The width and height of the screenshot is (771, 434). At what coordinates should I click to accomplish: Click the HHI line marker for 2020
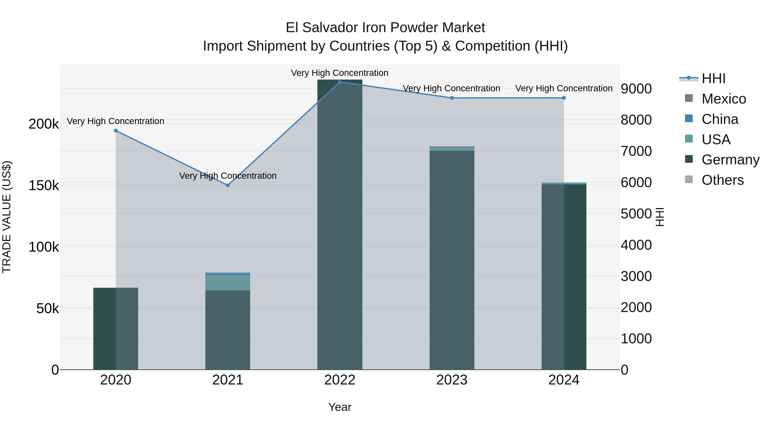click(x=116, y=131)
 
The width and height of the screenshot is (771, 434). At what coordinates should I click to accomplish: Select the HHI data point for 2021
click(x=228, y=185)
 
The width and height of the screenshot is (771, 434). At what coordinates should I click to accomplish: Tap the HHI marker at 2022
click(x=340, y=82)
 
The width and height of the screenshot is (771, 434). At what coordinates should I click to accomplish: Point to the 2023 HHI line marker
click(x=452, y=98)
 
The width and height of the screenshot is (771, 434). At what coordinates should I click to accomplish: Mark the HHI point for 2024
click(x=564, y=98)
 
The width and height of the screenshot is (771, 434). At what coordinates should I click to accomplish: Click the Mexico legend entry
click(x=724, y=99)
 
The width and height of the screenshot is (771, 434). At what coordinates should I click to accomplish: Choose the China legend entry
click(x=720, y=119)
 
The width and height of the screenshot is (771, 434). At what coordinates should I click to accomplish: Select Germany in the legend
click(x=730, y=160)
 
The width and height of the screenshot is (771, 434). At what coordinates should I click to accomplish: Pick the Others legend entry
click(x=723, y=180)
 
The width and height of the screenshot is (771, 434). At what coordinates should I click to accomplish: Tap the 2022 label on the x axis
click(x=340, y=380)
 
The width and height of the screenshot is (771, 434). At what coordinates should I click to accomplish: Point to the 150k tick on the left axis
click(x=44, y=186)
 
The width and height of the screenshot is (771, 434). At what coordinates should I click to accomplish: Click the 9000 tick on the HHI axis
click(x=636, y=89)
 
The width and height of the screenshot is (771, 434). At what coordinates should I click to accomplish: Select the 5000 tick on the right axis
click(x=636, y=214)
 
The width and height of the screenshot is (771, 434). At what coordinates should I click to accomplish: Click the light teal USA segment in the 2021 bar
click(x=228, y=283)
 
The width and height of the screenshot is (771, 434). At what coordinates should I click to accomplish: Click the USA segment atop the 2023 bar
click(x=452, y=149)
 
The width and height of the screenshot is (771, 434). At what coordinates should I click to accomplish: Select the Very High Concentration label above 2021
click(x=228, y=176)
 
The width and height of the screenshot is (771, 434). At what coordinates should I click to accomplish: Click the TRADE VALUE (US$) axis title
click(x=7, y=217)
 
